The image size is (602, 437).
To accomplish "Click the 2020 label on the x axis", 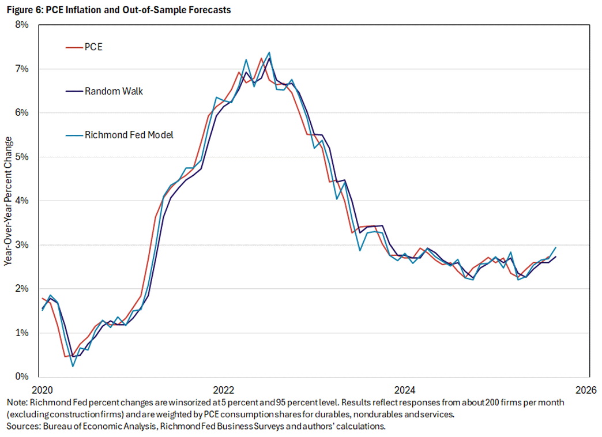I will point(41,389).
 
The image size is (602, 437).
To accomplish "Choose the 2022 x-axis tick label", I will point(223,389).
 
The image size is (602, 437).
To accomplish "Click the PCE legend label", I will point(93,47).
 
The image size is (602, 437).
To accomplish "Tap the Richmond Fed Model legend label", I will point(129,134).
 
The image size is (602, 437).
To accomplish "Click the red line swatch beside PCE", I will point(73,47).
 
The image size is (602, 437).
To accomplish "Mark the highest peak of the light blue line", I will point(269,52).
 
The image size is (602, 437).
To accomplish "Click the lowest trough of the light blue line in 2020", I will point(73,366).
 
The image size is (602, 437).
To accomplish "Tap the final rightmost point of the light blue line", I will point(555,247).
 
